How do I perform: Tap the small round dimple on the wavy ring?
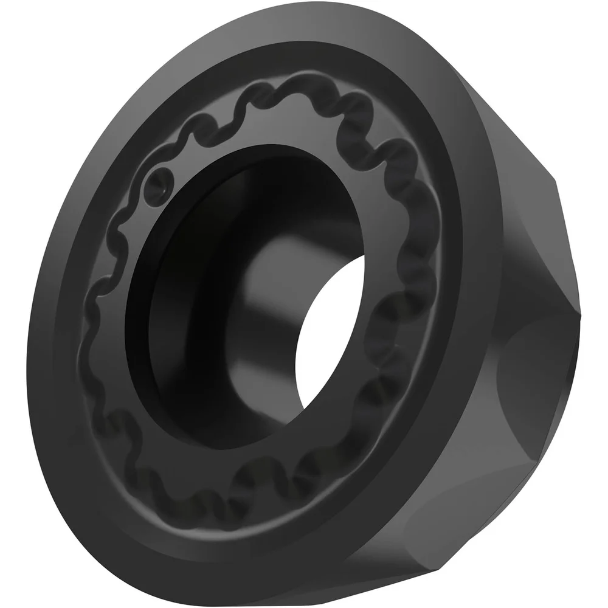(x=159, y=181)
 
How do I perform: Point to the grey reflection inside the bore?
(x=268, y=274)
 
